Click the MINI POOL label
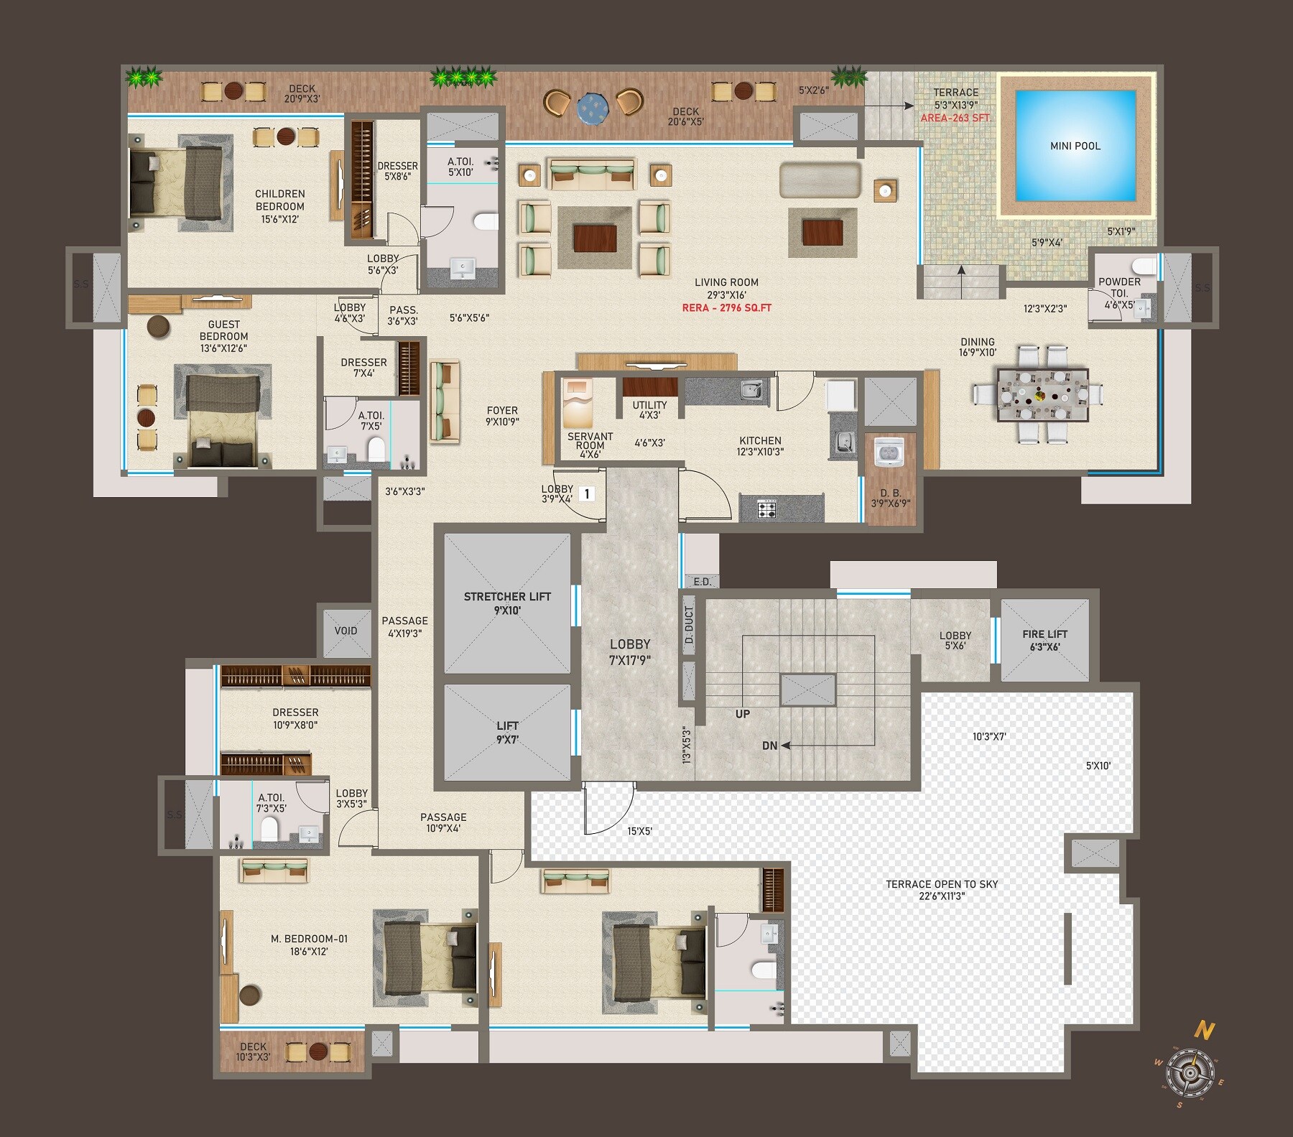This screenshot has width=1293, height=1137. click(1075, 146)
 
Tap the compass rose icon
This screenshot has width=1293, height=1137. click(1190, 1073)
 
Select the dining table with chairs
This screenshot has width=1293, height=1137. click(1042, 394)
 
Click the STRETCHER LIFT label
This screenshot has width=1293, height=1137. click(507, 597)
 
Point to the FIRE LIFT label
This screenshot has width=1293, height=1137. click(1044, 634)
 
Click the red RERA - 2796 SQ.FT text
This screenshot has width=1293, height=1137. click(726, 308)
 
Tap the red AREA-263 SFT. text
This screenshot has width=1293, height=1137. click(955, 118)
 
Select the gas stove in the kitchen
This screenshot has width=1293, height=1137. click(766, 510)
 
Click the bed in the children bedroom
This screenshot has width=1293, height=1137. click(177, 184)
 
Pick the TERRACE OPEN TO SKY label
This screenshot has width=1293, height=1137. click(941, 884)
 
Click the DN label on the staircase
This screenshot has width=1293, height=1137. click(769, 746)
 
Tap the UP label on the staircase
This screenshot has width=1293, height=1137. click(743, 714)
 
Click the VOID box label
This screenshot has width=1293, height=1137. click(346, 631)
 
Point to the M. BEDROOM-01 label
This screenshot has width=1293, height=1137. click(309, 939)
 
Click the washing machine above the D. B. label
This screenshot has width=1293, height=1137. click(890, 453)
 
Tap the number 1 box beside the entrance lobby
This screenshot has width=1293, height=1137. click(587, 493)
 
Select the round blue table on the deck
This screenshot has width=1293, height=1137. click(593, 107)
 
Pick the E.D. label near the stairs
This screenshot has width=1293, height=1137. click(702, 582)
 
